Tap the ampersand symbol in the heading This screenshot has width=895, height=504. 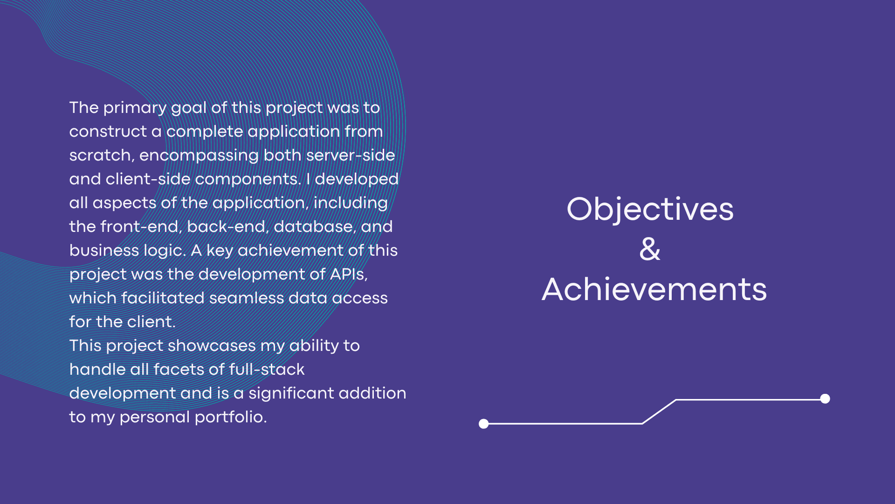(650, 249)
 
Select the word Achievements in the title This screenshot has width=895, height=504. (654, 289)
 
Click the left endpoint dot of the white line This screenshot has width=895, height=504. (484, 424)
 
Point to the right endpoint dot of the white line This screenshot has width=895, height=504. (825, 399)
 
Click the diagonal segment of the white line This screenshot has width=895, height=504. (659, 412)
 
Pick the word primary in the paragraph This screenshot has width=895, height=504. (135, 108)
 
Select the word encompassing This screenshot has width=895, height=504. (199, 156)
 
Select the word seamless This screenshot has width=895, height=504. (247, 298)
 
